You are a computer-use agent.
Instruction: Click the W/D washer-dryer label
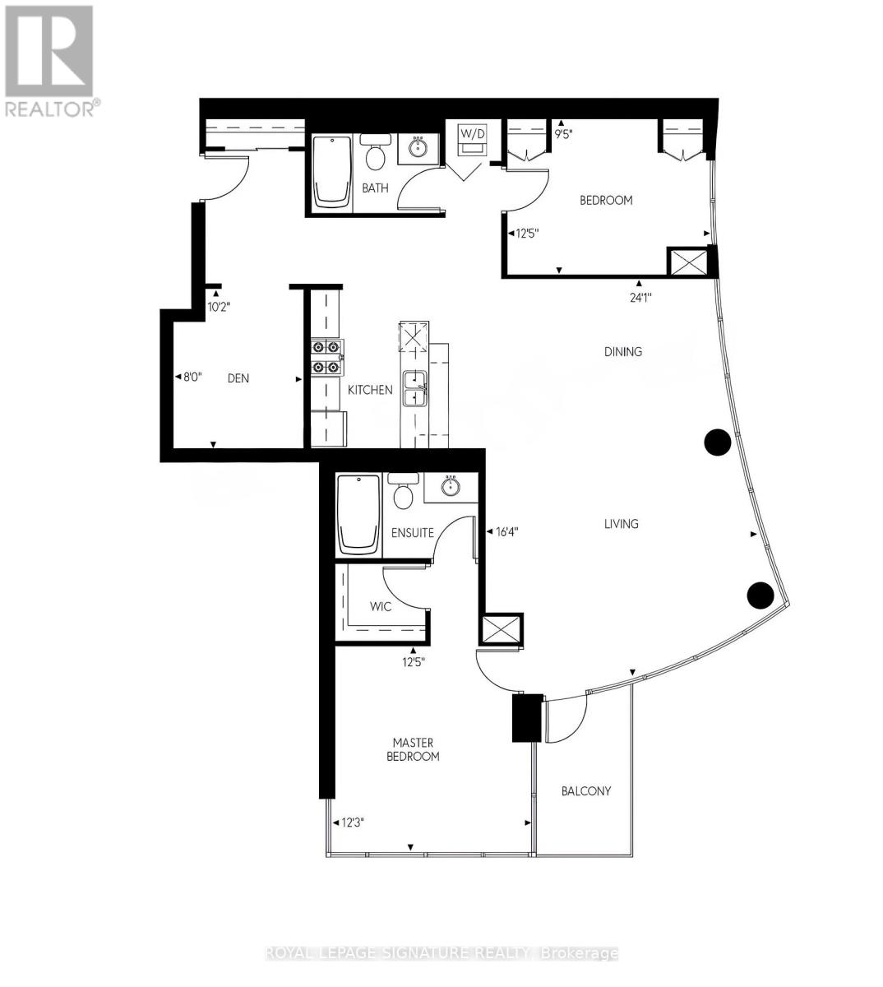(x=472, y=132)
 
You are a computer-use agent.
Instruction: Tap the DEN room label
(x=238, y=378)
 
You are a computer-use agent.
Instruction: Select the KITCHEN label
(x=370, y=390)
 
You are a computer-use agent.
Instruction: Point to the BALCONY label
(x=586, y=791)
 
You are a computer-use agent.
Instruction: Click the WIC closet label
(x=381, y=607)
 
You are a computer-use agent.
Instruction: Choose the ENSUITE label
(x=413, y=533)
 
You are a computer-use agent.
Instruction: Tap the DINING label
(x=623, y=352)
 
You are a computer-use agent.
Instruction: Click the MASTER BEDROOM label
(x=413, y=749)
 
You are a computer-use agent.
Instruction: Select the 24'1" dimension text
(x=640, y=299)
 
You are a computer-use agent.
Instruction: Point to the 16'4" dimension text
(x=506, y=531)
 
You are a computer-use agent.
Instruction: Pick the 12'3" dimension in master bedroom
(x=349, y=822)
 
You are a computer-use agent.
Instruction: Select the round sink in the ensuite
(x=451, y=487)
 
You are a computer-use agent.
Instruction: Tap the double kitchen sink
(x=414, y=388)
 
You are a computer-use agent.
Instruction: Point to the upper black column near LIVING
(x=718, y=443)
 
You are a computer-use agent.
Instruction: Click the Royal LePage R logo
(x=49, y=51)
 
